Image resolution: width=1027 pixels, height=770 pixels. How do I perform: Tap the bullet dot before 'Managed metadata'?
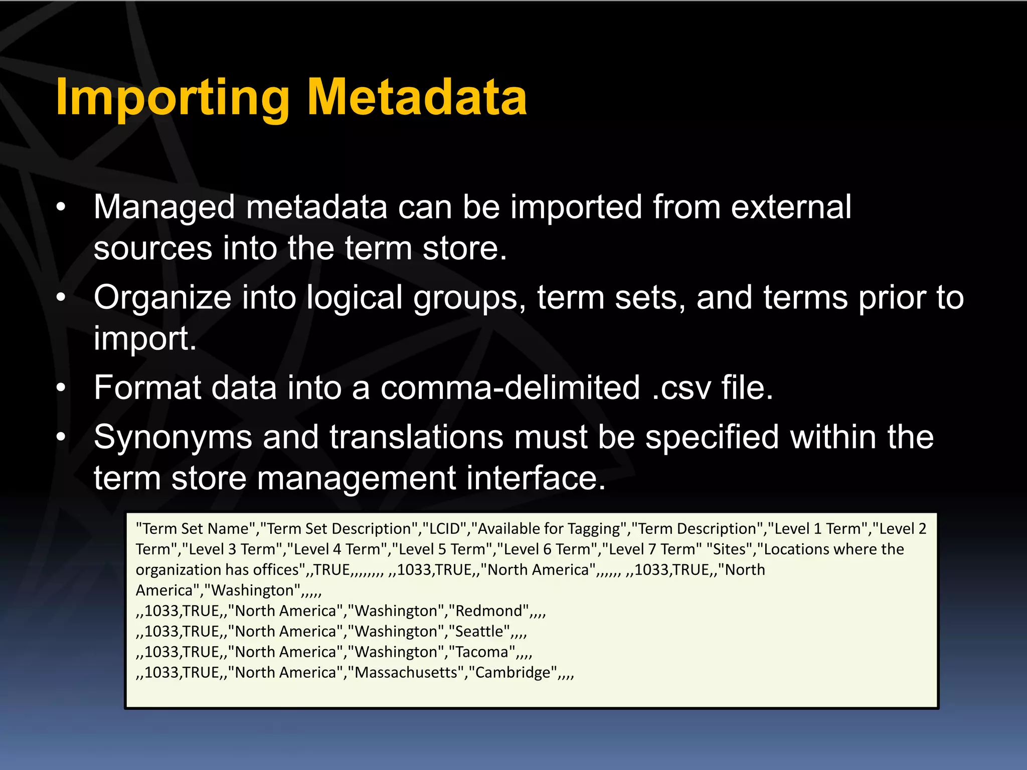point(61,208)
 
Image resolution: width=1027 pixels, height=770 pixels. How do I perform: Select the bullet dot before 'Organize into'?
point(61,298)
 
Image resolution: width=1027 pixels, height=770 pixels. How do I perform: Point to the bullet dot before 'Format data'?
point(61,388)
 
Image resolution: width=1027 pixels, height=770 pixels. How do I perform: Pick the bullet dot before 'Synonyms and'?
point(61,437)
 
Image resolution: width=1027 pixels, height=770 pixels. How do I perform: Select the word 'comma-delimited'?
point(510,388)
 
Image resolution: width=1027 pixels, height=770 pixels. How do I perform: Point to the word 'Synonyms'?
point(173,437)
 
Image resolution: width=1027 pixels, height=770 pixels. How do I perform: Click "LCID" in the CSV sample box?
point(444,529)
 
